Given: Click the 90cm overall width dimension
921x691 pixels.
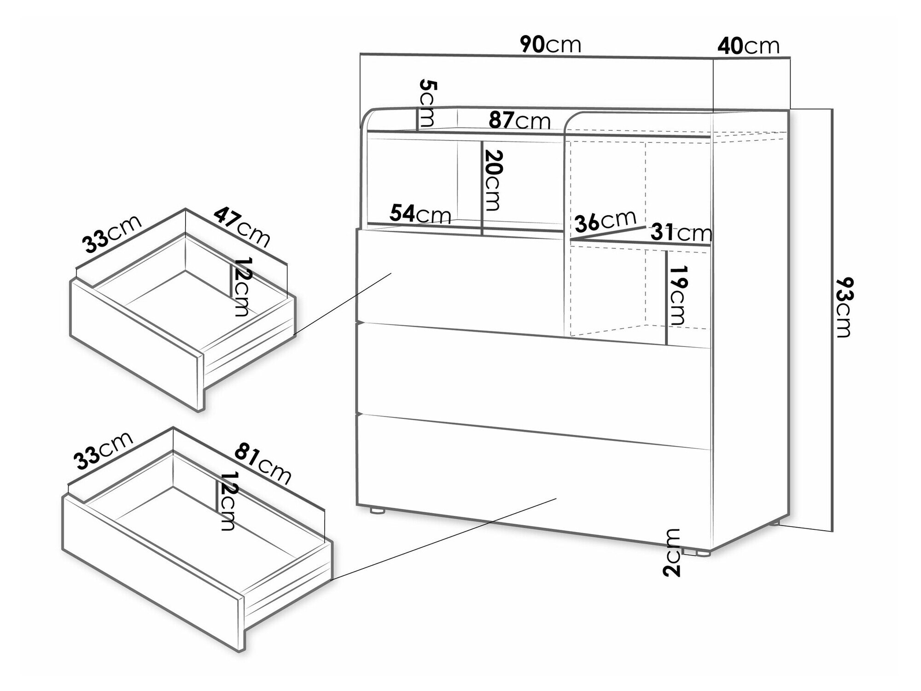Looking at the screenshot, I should (551, 45).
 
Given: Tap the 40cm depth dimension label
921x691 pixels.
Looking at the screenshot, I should (748, 46).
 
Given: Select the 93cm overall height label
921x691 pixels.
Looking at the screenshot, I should (842, 307).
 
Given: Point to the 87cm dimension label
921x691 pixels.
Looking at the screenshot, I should (519, 120).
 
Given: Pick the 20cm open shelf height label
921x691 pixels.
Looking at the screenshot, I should (491, 180).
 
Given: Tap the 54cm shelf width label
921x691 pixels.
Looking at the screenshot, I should (420, 214).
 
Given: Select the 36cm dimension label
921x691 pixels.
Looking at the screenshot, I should (606, 222).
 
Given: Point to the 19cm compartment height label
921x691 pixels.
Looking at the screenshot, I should (678, 295).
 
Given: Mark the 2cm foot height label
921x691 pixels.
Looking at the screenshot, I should (672, 552).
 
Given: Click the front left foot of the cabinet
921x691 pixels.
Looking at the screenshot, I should (377, 510).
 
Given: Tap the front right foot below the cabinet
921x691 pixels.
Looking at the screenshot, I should (698, 552).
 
